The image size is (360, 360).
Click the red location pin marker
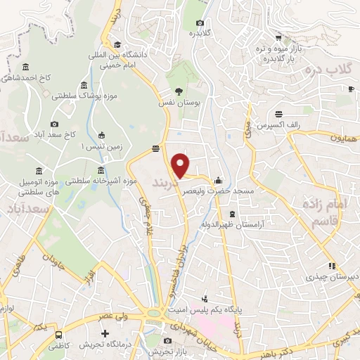(x=181, y=165)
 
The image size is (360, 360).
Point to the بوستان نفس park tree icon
(x=179, y=91)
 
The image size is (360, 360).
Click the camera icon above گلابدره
(x=199, y=23)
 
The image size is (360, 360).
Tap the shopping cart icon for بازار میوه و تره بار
(x=279, y=38)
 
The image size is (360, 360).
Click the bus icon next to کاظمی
(x=59, y=335)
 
